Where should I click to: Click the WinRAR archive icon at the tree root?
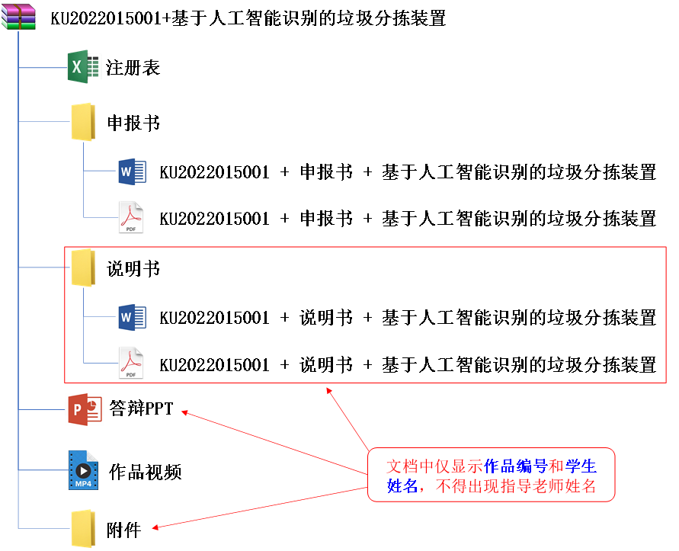coord(18,17)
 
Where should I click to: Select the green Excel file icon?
coord(84,66)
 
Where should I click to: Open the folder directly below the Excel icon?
coord(83,122)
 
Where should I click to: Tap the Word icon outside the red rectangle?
coord(131,171)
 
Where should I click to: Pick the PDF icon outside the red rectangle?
coord(131,217)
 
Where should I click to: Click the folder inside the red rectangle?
coord(83,267)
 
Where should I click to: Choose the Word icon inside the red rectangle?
coord(131,316)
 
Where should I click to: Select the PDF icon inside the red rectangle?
coord(131,363)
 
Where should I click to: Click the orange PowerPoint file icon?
coord(85,409)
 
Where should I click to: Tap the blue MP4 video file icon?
coord(83,469)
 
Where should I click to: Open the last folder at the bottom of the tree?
coord(83,528)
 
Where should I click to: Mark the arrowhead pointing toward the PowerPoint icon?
coord(184,412)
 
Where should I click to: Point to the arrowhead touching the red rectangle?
coord(328,389)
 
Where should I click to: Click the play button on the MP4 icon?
coord(83,470)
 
